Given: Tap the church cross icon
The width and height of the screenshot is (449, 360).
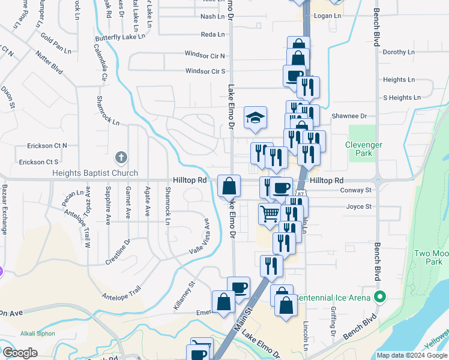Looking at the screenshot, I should coord(121,158).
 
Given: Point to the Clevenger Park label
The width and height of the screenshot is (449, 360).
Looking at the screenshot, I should coord(363,149).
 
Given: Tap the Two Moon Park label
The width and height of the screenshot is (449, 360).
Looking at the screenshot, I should coord(429,257).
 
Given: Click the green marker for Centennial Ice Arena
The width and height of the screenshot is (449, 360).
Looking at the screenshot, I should coord(379,296).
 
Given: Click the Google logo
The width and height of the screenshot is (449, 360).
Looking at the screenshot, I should coord(19,352).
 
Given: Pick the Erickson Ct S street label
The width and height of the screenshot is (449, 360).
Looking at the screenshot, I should coord(39,162).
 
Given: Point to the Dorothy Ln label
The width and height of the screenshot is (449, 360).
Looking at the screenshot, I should coord(399,52).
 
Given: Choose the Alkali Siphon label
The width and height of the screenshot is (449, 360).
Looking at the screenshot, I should coord(38,334).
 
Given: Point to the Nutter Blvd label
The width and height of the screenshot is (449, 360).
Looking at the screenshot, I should coord(49,62).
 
